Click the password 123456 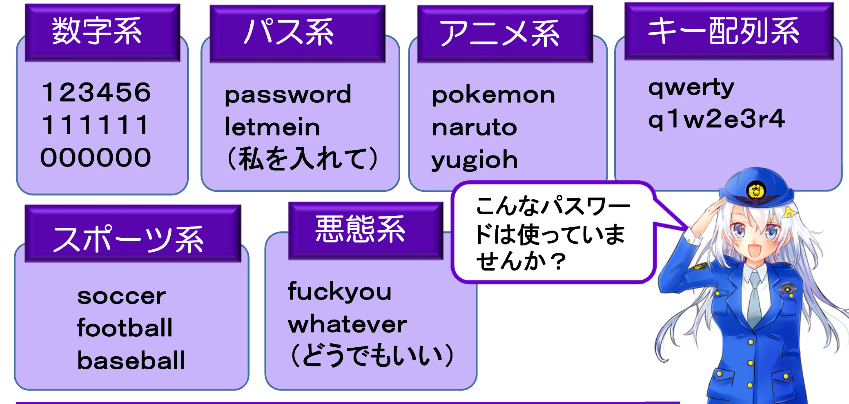[x=96, y=92]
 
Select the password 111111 [x=95, y=125]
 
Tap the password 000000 [x=96, y=158]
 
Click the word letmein [x=272, y=127]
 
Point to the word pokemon [x=493, y=96]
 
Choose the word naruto [x=475, y=128]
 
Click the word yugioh [x=475, y=160]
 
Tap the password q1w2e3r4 [x=716, y=120]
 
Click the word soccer [x=122, y=296]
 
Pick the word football [x=125, y=328]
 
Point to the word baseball [x=131, y=361]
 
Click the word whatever [x=347, y=325]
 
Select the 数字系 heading [x=97, y=31]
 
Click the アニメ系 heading [x=499, y=33]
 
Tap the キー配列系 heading [x=724, y=31]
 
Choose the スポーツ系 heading [x=128, y=239]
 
